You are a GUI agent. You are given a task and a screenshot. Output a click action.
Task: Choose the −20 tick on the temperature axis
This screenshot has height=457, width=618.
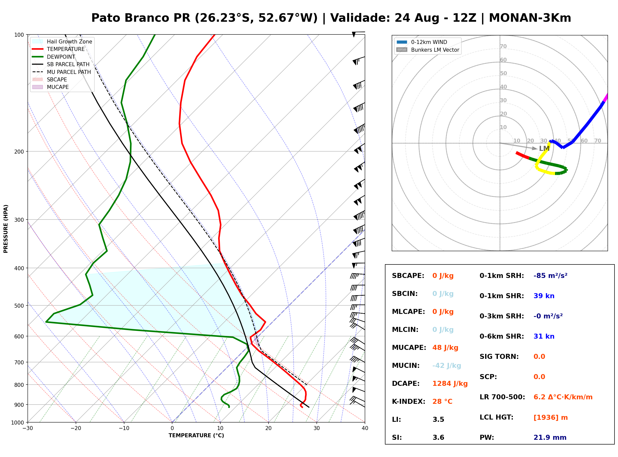pyautogui.click(x=75, y=428)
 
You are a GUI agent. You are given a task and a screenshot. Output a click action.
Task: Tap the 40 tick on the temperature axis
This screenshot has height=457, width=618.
pyautogui.click(x=365, y=428)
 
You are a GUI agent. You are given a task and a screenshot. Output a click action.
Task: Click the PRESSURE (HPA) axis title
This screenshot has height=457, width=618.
pyautogui.click(x=6, y=229)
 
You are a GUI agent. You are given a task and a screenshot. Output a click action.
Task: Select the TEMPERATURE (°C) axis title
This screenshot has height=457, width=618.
pyautogui.click(x=196, y=436)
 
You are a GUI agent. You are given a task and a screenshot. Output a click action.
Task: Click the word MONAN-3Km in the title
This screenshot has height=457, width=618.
pyautogui.click(x=530, y=18)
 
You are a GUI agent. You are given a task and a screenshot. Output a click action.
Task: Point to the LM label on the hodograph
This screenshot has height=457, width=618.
pyautogui.click(x=544, y=149)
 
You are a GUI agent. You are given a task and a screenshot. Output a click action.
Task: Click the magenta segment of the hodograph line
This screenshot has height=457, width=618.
pyautogui.click(x=605, y=98)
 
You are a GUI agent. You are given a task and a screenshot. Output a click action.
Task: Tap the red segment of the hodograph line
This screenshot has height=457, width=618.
pyautogui.click(x=522, y=155)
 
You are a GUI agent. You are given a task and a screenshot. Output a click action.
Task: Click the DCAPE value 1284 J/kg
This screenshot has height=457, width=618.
pyautogui.click(x=450, y=384)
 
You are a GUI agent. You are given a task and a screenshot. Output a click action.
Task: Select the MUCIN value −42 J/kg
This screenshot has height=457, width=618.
pyautogui.click(x=446, y=366)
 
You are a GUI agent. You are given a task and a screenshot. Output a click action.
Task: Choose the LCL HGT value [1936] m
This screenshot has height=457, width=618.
pyautogui.click(x=551, y=418)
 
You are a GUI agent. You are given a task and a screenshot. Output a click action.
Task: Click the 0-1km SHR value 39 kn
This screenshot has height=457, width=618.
pyautogui.click(x=544, y=296)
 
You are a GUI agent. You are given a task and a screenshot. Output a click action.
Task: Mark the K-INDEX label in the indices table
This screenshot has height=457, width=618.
pyautogui.click(x=408, y=402)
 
